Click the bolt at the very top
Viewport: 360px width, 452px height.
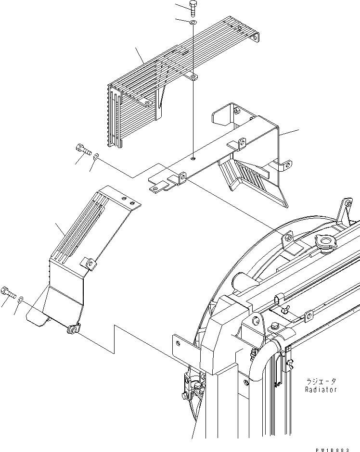[x=193, y=8]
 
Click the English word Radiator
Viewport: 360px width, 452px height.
[x=321, y=389]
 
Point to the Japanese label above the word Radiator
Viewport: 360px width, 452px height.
[x=321, y=381]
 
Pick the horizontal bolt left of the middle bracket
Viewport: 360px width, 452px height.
[x=83, y=151]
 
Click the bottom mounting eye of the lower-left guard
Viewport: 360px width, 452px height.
[x=74, y=329]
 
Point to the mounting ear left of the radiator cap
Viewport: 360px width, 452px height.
[x=288, y=237]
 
